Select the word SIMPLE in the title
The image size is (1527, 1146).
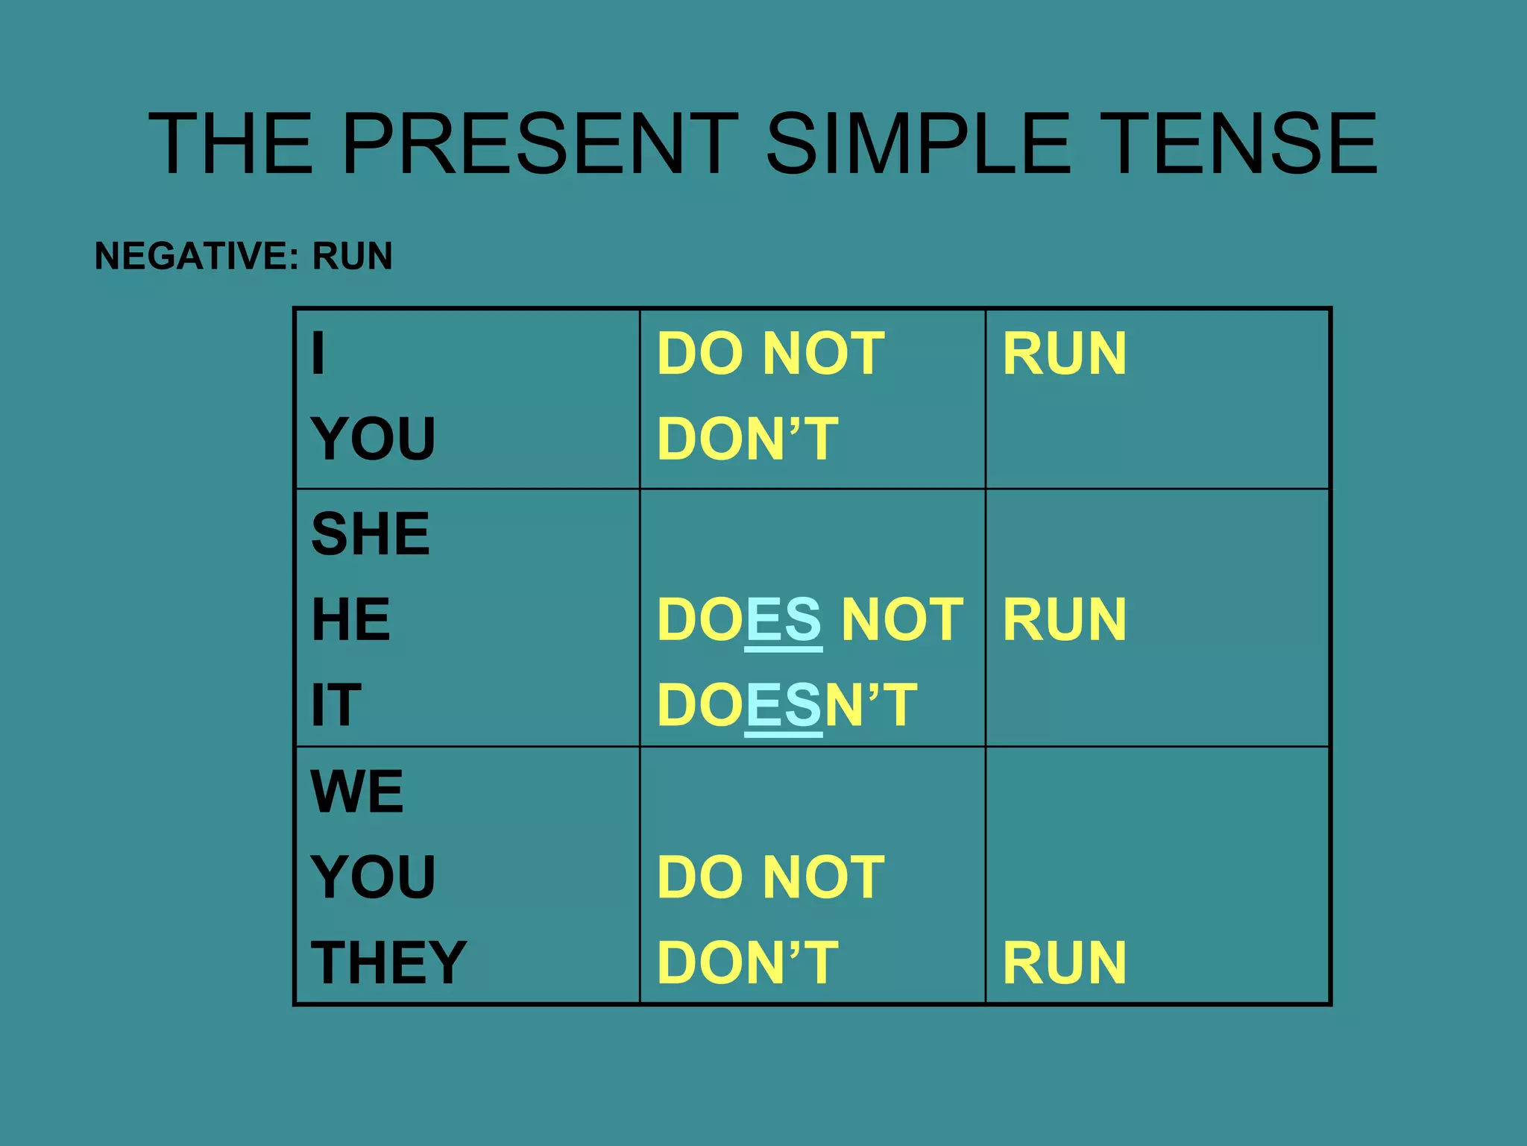tap(919, 143)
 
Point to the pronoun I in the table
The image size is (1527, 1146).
tap(318, 354)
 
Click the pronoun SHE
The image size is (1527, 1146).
tap(371, 534)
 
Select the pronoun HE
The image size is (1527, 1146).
tap(350, 619)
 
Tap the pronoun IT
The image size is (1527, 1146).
tap(336, 705)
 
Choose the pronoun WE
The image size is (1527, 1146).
tap(357, 791)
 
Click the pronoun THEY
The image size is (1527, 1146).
tap(388, 962)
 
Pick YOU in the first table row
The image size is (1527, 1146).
tap(374, 439)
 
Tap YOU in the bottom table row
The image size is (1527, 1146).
tap(374, 877)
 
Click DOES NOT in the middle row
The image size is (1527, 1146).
tap(810, 619)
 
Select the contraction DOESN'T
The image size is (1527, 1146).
tap(787, 705)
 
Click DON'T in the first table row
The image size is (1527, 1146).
tap(748, 439)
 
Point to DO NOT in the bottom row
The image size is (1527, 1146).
tap(771, 877)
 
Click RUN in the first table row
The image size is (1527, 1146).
tap(1064, 354)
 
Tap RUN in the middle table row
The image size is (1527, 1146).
tap(1064, 619)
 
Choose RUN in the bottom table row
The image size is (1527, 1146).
tap(1064, 962)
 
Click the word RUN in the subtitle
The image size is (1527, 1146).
tap(352, 257)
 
